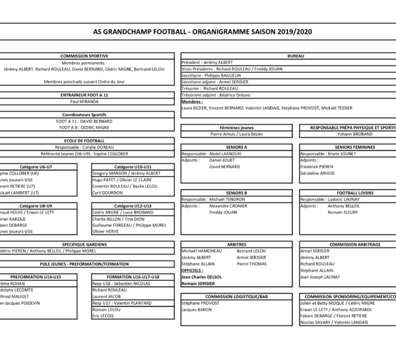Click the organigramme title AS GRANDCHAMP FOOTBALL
coord(198,31)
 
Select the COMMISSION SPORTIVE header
coord(89,56)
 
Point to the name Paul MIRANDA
coord(84,102)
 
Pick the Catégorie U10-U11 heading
coord(133,166)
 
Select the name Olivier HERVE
coord(106,231)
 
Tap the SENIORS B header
coord(236,192)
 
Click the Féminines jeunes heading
coord(236,127)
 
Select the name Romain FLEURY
coord(342,212)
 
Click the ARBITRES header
coord(236,244)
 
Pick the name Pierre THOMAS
coord(251,263)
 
